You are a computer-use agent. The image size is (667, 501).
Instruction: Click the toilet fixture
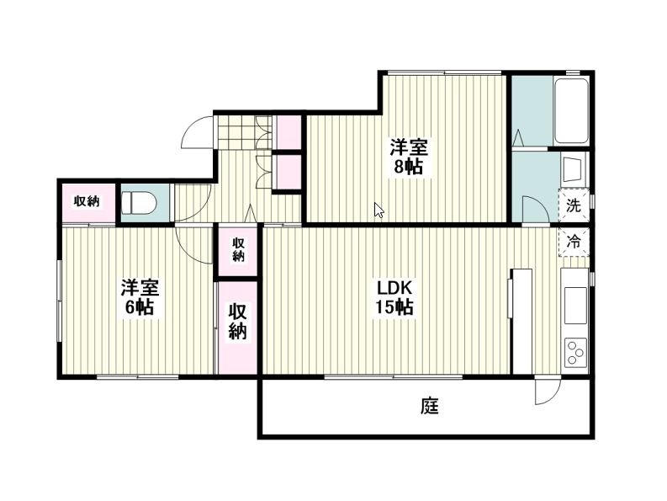[x=139, y=202]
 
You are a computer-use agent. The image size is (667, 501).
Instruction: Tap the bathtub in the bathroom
[x=571, y=112]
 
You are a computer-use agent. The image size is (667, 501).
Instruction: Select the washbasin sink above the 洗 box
[x=573, y=169]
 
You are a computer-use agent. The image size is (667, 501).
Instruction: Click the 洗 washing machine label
[x=574, y=205]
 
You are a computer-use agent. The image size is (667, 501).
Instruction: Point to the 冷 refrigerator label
[x=574, y=242]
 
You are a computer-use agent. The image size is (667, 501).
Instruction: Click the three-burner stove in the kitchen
[x=575, y=352]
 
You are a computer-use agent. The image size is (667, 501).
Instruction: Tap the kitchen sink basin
[x=575, y=305]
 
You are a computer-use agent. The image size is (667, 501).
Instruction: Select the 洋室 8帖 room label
[x=409, y=157]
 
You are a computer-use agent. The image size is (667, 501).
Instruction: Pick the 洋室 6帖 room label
[x=140, y=297]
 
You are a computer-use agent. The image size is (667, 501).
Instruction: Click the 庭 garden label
[x=430, y=406]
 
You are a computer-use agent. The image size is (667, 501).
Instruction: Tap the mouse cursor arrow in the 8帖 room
[x=378, y=210]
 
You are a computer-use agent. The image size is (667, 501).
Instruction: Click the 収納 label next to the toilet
[x=87, y=201]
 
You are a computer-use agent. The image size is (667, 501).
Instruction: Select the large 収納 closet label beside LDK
[x=238, y=321]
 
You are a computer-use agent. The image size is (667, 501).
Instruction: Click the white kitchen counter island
[x=522, y=321]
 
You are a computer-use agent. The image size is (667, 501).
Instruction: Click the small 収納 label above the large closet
[x=238, y=249]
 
